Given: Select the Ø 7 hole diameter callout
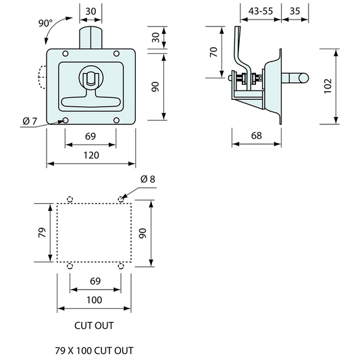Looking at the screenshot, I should pyautogui.click(x=30, y=121).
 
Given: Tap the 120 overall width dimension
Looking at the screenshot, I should pyautogui.click(x=91, y=155).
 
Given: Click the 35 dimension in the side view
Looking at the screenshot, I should pyautogui.click(x=294, y=11).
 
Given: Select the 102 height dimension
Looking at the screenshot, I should pyautogui.click(x=328, y=86).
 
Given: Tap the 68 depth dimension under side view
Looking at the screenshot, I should pyautogui.click(x=256, y=136).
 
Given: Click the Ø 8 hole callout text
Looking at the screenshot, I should pyautogui.click(x=147, y=179).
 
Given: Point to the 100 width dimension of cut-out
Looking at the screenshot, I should pyautogui.click(x=94, y=299).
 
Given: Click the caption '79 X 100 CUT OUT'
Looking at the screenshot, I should pyautogui.click(x=94, y=351).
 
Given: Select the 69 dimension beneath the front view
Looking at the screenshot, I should pyautogui.click(x=91, y=137).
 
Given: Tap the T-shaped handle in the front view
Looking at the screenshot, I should pyautogui.click(x=91, y=103).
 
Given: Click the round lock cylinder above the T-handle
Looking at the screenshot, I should pyautogui.click(x=91, y=76).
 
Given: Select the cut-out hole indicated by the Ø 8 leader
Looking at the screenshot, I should pyautogui.click(x=121, y=199).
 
